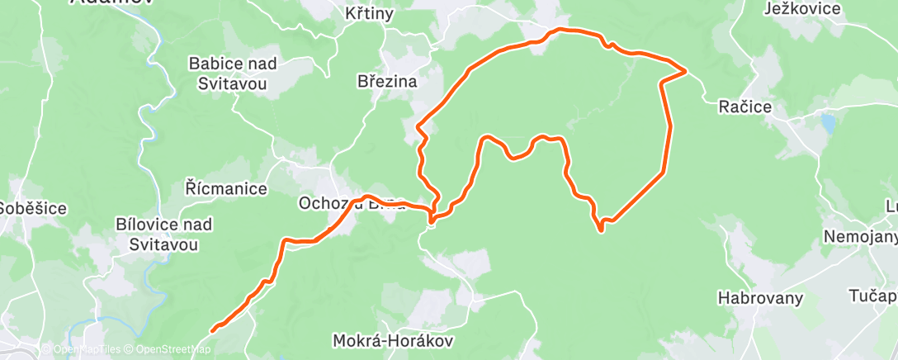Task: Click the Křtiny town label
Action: point(370,14)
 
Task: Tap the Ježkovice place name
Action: point(801,9)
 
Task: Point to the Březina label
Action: point(387,82)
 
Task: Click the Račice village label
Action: point(744,107)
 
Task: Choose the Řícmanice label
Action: point(226,189)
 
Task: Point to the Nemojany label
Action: point(860,237)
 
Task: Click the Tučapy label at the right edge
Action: point(874,296)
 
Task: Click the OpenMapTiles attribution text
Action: point(80,349)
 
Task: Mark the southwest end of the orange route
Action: point(213,330)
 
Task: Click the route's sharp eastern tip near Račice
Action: point(686,71)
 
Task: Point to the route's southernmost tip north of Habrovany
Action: point(602,230)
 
